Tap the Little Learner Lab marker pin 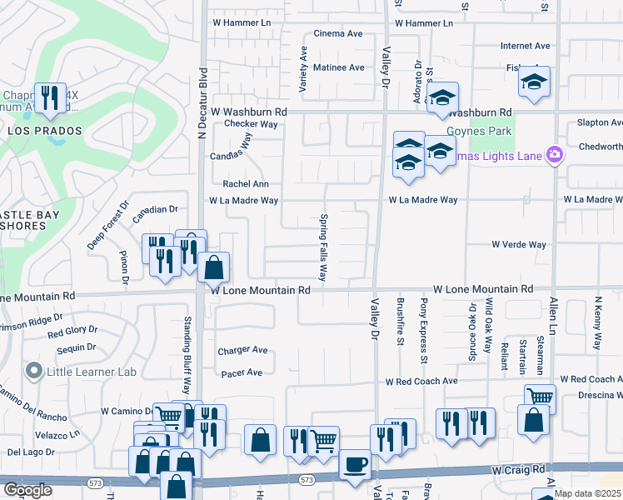point(33,369)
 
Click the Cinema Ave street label point(337,34)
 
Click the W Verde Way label point(518,245)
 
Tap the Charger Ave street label point(242,351)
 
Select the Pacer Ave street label point(242,372)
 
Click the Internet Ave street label point(526,46)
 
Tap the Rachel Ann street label point(245,184)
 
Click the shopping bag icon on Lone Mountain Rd point(214,268)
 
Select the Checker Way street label point(251,124)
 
